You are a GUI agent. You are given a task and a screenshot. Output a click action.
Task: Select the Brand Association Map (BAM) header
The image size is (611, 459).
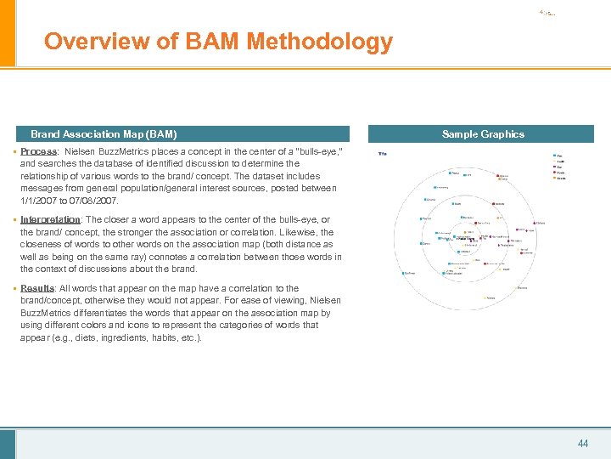tap(104, 134)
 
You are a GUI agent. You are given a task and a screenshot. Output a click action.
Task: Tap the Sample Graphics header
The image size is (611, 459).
tap(483, 134)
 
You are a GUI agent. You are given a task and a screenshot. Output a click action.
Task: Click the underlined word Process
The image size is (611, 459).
tap(39, 151)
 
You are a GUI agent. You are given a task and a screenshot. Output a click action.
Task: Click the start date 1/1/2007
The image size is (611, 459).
tap(40, 201)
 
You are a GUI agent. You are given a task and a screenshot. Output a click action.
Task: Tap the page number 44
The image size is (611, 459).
tap(582, 443)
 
